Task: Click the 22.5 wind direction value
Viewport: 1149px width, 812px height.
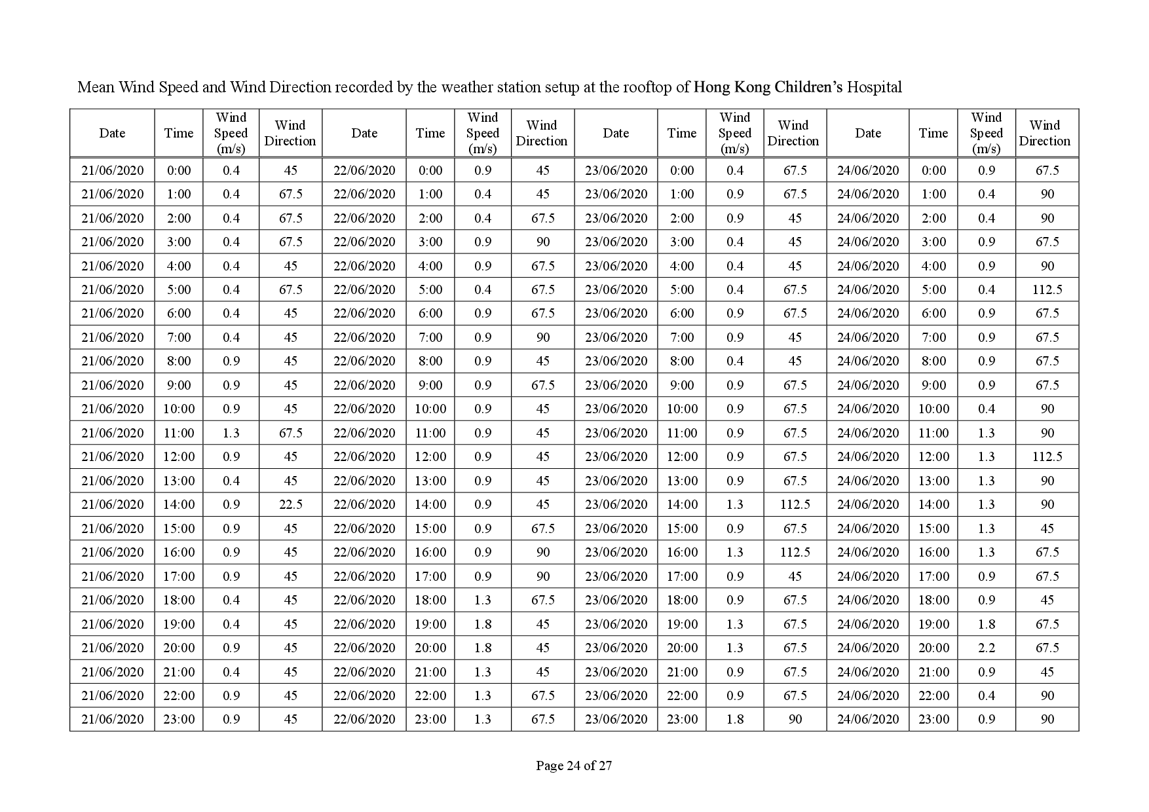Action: tap(290, 504)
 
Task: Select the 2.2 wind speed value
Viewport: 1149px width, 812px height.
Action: tap(986, 648)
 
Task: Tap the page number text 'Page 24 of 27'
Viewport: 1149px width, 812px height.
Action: tap(574, 765)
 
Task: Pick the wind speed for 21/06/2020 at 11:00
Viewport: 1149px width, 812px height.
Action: tap(231, 433)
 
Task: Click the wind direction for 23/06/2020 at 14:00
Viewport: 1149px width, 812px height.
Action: tap(795, 504)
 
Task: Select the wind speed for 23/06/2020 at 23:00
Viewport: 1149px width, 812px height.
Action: tap(734, 719)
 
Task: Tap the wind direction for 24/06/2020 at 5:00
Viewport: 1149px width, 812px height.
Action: tap(1047, 289)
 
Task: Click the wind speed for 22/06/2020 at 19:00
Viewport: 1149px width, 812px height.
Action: tap(483, 624)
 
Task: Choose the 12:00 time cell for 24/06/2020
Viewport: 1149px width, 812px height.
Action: tap(933, 456)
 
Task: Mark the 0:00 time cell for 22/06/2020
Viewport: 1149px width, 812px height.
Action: tap(430, 170)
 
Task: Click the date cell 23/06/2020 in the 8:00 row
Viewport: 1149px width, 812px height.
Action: tap(616, 361)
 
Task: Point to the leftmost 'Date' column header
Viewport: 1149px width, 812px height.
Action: tap(112, 133)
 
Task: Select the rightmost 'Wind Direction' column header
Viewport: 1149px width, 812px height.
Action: tap(1045, 133)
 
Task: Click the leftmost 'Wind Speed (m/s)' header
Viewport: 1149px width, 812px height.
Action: tap(231, 133)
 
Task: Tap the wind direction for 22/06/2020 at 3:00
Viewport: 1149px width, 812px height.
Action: tap(542, 242)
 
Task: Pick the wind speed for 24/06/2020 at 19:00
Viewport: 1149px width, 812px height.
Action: tap(986, 624)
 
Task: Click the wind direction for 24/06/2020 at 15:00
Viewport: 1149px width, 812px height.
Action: tap(1047, 528)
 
